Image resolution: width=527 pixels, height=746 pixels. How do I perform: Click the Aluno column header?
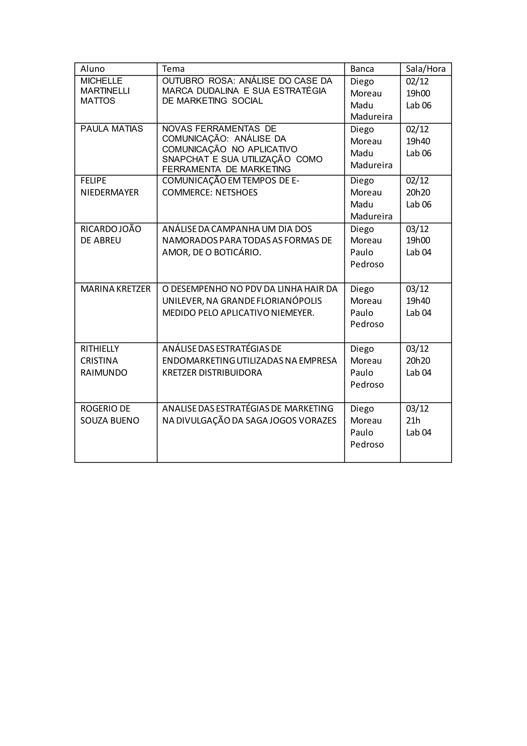(92, 69)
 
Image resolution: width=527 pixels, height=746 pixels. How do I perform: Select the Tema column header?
(173, 69)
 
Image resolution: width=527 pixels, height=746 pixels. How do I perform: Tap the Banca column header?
(362, 69)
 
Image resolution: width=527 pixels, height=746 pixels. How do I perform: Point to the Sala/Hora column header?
(425, 69)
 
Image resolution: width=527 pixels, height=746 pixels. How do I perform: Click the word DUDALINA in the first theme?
(218, 91)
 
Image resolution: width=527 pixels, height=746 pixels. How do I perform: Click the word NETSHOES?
(236, 193)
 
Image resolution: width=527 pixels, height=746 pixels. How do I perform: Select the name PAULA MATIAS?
(112, 129)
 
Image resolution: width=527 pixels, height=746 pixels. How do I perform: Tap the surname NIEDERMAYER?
(109, 193)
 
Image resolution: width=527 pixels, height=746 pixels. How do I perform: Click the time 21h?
(413, 421)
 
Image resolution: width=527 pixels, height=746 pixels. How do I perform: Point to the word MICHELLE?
(101, 81)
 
